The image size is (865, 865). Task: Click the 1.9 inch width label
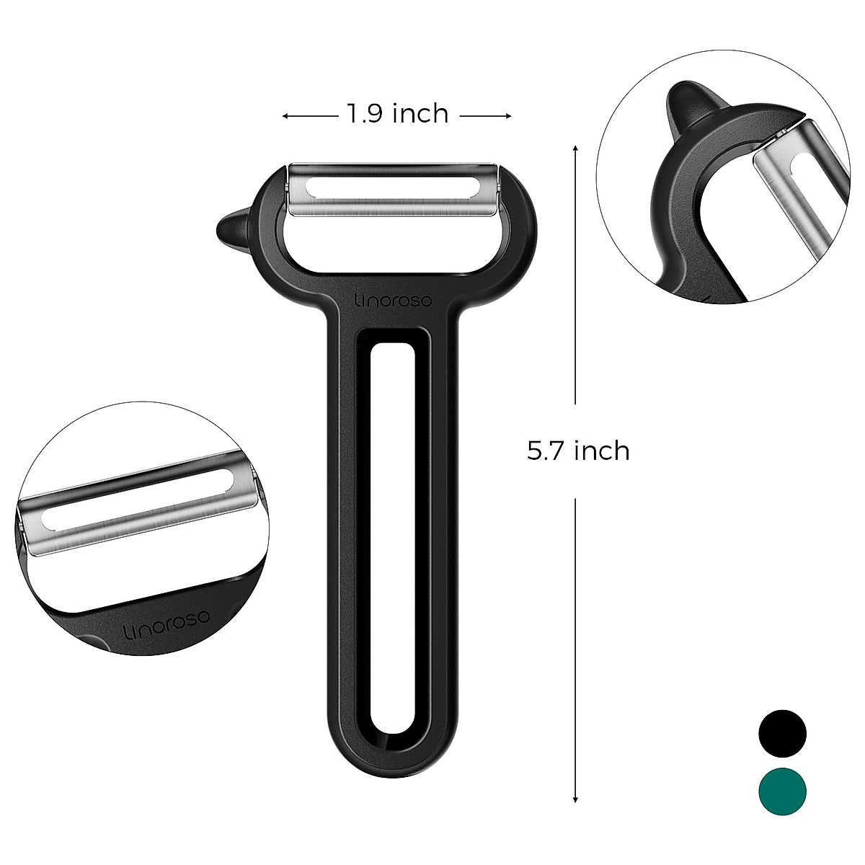click(397, 114)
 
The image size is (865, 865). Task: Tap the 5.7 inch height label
click(578, 451)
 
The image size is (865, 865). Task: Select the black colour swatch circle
click(782, 733)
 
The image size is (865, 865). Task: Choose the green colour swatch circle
click(782, 791)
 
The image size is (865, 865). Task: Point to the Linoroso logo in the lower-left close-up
click(166, 625)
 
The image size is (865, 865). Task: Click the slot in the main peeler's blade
click(393, 187)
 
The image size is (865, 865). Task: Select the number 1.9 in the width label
click(364, 114)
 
